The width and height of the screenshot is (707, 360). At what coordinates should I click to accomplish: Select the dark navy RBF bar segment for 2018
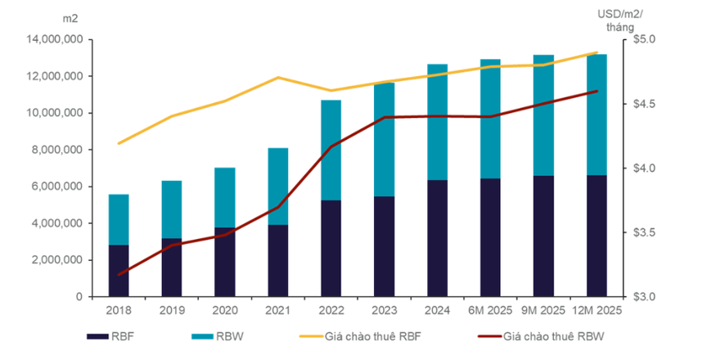coord(119,270)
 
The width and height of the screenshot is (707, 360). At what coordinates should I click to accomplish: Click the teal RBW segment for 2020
coord(225,196)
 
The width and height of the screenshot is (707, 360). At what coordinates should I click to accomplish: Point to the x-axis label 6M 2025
coord(490,311)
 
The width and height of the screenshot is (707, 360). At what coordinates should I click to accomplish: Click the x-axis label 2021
coord(278,311)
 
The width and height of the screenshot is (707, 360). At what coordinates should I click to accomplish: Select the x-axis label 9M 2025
coord(543,311)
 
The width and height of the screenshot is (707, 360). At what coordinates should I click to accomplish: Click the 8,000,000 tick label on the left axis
coord(56,150)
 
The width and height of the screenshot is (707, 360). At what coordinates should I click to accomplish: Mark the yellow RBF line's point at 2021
coord(278,78)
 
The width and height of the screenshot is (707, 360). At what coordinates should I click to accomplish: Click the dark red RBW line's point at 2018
coord(119,275)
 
